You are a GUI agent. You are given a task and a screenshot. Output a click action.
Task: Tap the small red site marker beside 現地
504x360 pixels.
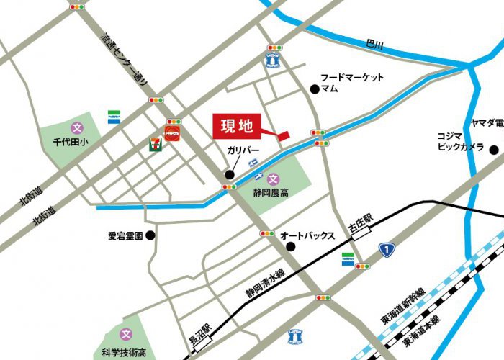[282, 135]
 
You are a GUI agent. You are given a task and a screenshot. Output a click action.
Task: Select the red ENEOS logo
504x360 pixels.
[174, 134]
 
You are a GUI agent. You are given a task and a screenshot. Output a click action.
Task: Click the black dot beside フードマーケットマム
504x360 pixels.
[314, 89]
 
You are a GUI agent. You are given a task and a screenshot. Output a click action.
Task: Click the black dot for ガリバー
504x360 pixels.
[230, 174]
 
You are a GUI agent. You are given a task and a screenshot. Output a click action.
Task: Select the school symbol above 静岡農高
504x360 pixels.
[273, 179]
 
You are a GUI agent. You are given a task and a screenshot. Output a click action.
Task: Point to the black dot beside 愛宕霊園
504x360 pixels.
[150, 235]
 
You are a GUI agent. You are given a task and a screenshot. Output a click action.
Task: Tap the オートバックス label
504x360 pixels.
[308, 235]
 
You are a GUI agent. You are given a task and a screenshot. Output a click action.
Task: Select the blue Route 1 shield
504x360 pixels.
[388, 250]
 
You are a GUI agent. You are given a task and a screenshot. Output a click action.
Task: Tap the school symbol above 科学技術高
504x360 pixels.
[127, 334]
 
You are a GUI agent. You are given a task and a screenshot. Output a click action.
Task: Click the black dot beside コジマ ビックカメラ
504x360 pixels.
[494, 150]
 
